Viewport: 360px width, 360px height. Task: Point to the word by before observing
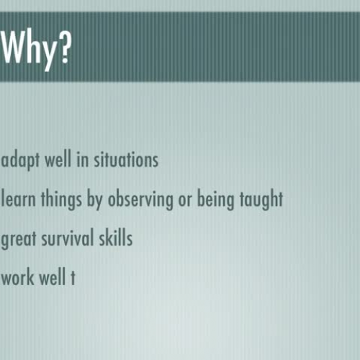pos(95,200)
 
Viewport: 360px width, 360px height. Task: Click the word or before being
pos(186,200)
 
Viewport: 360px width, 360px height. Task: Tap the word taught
pos(262,199)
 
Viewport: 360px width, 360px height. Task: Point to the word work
pos(19,277)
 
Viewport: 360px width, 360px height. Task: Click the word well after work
pos(53,277)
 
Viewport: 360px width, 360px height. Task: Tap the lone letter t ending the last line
pos(72,278)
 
